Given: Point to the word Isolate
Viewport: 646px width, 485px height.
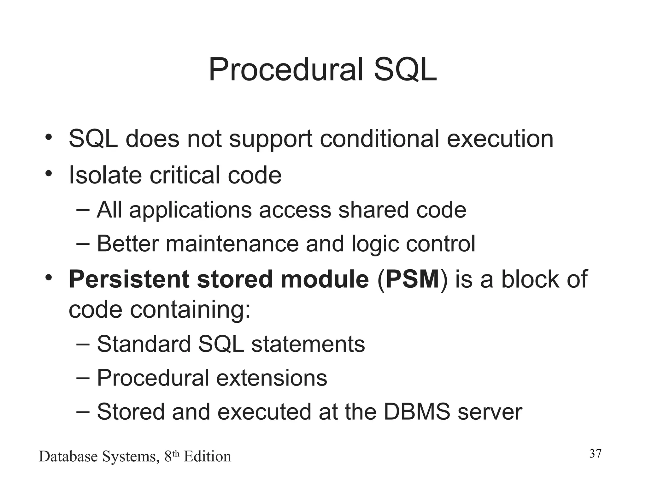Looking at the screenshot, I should coord(105,175).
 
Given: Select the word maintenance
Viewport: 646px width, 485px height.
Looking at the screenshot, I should coord(232,244).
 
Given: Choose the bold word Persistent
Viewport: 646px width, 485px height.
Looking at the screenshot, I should coord(129,279).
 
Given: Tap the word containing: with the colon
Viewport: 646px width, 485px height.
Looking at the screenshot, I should coord(190,310).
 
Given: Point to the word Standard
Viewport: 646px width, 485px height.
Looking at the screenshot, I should coord(144,344).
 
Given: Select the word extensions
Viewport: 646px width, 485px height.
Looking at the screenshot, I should coord(272,378).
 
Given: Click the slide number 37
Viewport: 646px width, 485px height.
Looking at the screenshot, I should coord(595,454).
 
